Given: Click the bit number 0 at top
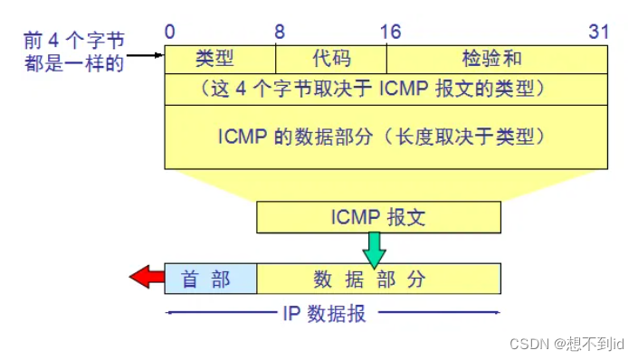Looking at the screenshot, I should tap(169, 32).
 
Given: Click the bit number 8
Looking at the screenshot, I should tap(281, 32).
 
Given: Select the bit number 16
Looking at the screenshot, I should tap(390, 32).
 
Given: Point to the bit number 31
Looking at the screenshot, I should tap(598, 32).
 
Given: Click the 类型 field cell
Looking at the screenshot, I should tap(214, 60).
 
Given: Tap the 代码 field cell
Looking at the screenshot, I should tap(330, 60).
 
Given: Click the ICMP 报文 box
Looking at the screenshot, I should tap(378, 217).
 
